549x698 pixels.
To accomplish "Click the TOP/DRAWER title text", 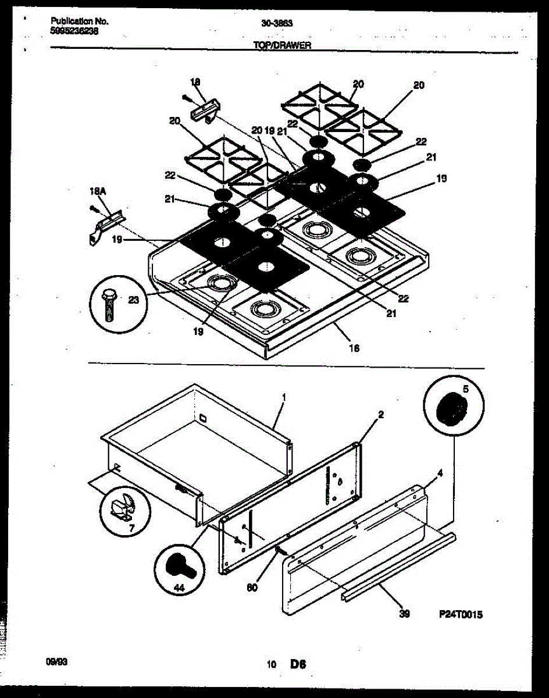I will tap(282, 46).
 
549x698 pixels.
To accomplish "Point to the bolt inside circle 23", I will tap(109, 303).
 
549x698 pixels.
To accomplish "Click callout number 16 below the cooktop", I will tap(354, 348).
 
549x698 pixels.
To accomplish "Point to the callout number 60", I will tap(252, 588).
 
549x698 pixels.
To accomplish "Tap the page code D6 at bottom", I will tap(298, 664).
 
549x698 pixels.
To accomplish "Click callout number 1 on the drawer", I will tap(283, 397).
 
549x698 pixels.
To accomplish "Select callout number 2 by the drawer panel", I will tap(381, 415).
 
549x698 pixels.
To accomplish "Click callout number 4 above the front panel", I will tap(440, 473).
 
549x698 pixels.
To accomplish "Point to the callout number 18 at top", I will tap(195, 82).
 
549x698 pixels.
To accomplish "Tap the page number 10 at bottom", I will tap(271, 664).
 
